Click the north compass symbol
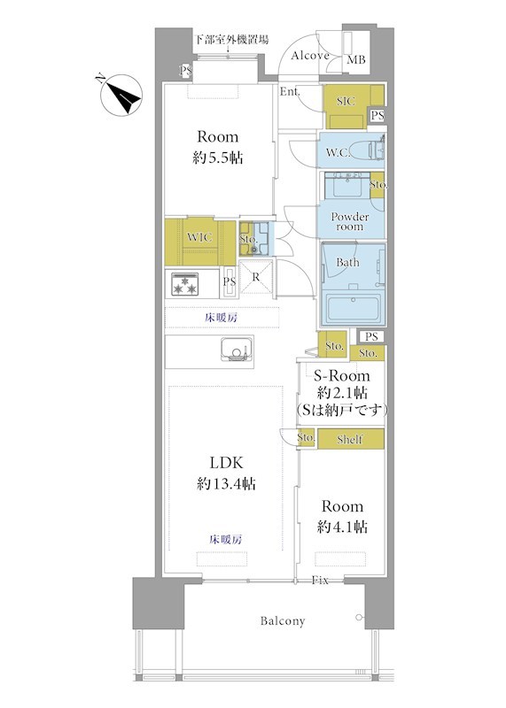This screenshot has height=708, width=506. [121, 96]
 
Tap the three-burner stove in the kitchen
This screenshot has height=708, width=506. [185, 284]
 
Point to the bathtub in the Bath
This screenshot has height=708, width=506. [354, 307]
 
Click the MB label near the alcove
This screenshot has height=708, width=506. [355, 59]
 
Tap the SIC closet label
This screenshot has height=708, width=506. [346, 101]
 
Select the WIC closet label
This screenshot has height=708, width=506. [199, 237]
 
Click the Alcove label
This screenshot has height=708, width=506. [310, 56]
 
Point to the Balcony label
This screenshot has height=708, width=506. [283, 621]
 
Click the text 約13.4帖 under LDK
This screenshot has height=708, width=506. [226, 484]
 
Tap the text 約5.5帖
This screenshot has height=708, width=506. [218, 158]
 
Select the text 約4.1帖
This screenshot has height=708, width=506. [342, 527]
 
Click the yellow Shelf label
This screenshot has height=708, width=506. [350, 439]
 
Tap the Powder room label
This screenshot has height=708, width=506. [350, 221]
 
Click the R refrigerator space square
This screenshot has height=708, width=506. [256, 277]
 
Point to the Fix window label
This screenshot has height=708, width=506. [320, 581]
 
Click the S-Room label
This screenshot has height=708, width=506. [342, 375]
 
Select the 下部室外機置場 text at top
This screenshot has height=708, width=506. [231, 39]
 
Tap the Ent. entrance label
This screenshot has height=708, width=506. [290, 91]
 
